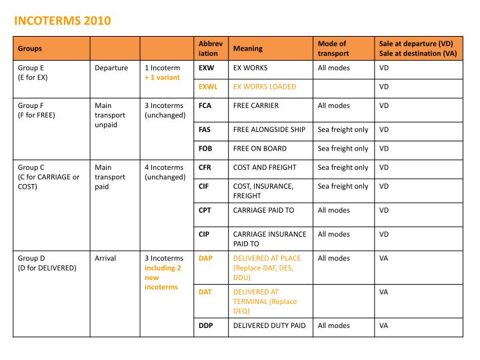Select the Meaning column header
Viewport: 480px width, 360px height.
coord(247,48)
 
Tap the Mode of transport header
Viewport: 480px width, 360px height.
coord(332,48)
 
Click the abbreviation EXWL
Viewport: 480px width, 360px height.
coord(208,87)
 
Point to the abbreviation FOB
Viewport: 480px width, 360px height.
coord(205,149)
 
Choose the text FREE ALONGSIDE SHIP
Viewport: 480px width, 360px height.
coord(269,129)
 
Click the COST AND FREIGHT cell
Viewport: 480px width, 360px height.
coord(264,167)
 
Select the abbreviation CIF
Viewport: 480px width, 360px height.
coord(204,186)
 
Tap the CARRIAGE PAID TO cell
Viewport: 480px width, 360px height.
coord(263,210)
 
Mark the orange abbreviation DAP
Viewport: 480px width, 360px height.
coord(205,258)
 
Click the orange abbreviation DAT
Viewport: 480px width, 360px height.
coord(205,291)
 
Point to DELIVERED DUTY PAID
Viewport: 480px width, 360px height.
coord(269,325)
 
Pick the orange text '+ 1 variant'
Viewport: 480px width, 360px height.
coord(162,77)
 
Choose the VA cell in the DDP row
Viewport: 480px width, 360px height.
coord(383,325)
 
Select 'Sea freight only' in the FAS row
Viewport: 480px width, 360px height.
coord(343,129)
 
